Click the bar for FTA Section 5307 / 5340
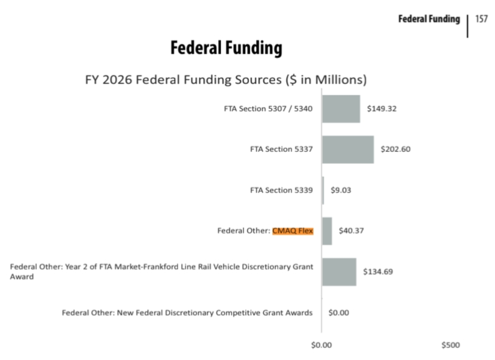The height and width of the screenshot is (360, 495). point(341,108)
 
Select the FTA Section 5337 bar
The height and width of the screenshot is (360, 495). point(348,149)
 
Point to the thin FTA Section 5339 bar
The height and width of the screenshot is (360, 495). point(323,190)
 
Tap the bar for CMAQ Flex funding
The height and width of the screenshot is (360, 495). point(327,230)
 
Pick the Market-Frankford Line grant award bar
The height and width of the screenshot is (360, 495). point(339,272)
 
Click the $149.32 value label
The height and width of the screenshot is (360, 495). point(382,108)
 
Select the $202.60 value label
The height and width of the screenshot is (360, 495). point(395,149)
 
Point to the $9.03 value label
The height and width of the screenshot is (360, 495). point(341,190)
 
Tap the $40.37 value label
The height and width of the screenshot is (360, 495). point(351,230)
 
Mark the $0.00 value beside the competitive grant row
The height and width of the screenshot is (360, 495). point(339,313)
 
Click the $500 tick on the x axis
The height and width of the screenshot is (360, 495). point(451,344)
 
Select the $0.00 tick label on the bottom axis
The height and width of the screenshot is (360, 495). point(322,344)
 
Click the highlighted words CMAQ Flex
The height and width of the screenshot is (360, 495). point(293,230)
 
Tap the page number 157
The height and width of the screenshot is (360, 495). point(481,19)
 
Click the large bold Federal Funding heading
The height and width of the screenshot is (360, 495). point(226,48)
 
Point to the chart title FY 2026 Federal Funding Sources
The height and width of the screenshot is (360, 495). point(226,80)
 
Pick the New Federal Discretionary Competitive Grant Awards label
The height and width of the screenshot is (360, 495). point(187,313)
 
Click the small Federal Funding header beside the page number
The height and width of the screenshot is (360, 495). point(429,19)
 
